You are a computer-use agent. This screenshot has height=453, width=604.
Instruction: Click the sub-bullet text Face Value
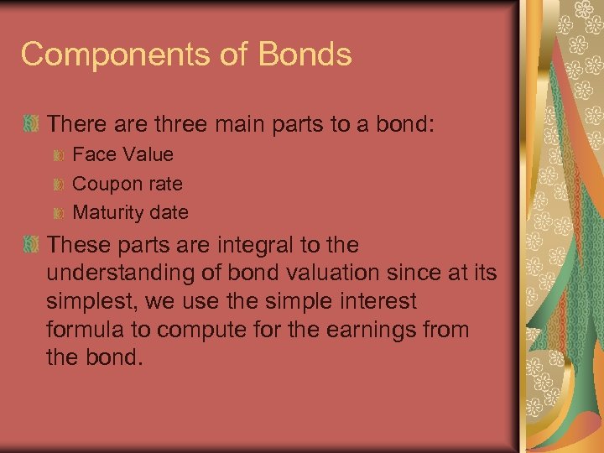point(123,154)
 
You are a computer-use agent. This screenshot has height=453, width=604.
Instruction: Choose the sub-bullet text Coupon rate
point(128,184)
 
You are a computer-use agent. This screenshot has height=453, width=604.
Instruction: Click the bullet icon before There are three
point(32,124)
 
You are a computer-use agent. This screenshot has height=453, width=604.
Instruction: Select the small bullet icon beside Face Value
point(60,155)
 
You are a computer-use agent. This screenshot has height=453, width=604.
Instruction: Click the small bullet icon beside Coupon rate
point(60,185)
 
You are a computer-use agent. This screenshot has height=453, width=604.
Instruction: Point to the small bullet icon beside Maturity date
point(60,213)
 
